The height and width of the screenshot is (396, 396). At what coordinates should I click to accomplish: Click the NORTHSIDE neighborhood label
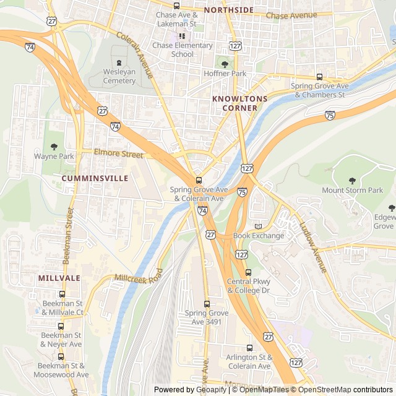pyautogui.click(x=228, y=10)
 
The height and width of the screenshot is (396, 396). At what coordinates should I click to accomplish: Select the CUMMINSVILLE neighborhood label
pyautogui.click(x=95, y=178)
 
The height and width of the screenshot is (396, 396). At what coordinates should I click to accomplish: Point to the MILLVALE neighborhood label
pyautogui.click(x=59, y=278)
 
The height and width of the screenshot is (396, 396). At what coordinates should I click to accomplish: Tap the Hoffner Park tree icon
pyautogui.click(x=225, y=64)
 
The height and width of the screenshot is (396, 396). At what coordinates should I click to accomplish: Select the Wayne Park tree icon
pyautogui.click(x=54, y=147)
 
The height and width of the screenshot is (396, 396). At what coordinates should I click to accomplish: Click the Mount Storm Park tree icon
pyautogui.click(x=352, y=181)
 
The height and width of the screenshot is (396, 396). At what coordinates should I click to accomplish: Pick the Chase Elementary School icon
pyautogui.click(x=182, y=36)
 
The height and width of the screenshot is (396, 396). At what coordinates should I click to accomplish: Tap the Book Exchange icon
pyautogui.click(x=259, y=226)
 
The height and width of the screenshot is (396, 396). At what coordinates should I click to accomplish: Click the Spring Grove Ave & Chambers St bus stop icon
pyautogui.click(x=319, y=77)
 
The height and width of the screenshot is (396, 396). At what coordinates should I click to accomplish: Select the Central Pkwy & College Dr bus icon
pyautogui.click(x=249, y=272)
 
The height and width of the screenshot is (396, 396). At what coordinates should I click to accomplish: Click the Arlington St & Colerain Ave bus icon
pyautogui.click(x=249, y=348)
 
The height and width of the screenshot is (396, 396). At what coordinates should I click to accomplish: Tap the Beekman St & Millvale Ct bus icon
pyautogui.click(x=62, y=295)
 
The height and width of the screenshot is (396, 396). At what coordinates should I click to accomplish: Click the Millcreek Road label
pyautogui.click(x=138, y=276)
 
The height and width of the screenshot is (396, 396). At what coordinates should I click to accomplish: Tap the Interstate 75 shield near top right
pyautogui.click(x=330, y=115)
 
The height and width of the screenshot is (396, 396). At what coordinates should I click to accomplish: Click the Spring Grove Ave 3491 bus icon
pyautogui.click(x=207, y=304)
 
